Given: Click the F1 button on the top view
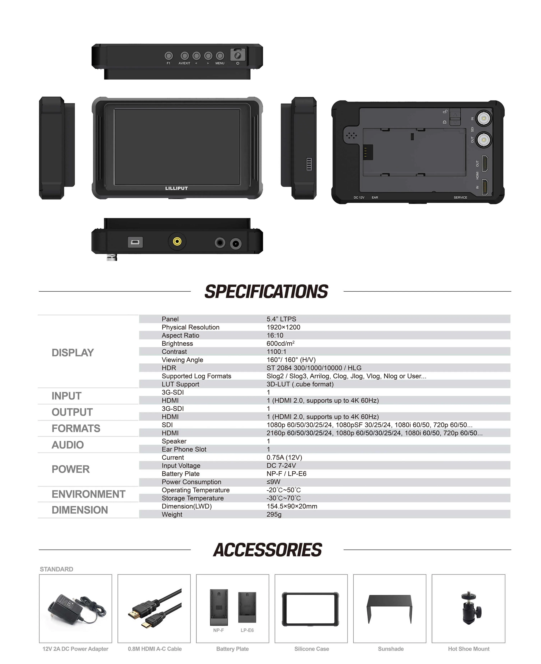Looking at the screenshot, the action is [x=169, y=56].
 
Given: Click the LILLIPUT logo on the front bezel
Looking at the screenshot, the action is [x=176, y=188].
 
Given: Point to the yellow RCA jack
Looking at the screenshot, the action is [x=177, y=242].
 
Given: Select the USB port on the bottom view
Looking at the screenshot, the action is [x=135, y=242].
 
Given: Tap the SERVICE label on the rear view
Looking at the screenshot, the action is [x=460, y=198].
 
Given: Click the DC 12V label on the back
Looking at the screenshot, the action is [x=359, y=198].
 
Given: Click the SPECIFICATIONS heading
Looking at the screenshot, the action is [x=266, y=292].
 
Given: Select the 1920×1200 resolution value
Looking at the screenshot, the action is [x=283, y=327].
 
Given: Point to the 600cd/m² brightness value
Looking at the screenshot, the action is [x=281, y=343].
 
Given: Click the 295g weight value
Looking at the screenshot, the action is [x=274, y=514].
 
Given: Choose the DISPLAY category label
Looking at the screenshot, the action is [x=73, y=353].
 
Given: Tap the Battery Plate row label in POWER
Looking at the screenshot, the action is [x=181, y=474].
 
